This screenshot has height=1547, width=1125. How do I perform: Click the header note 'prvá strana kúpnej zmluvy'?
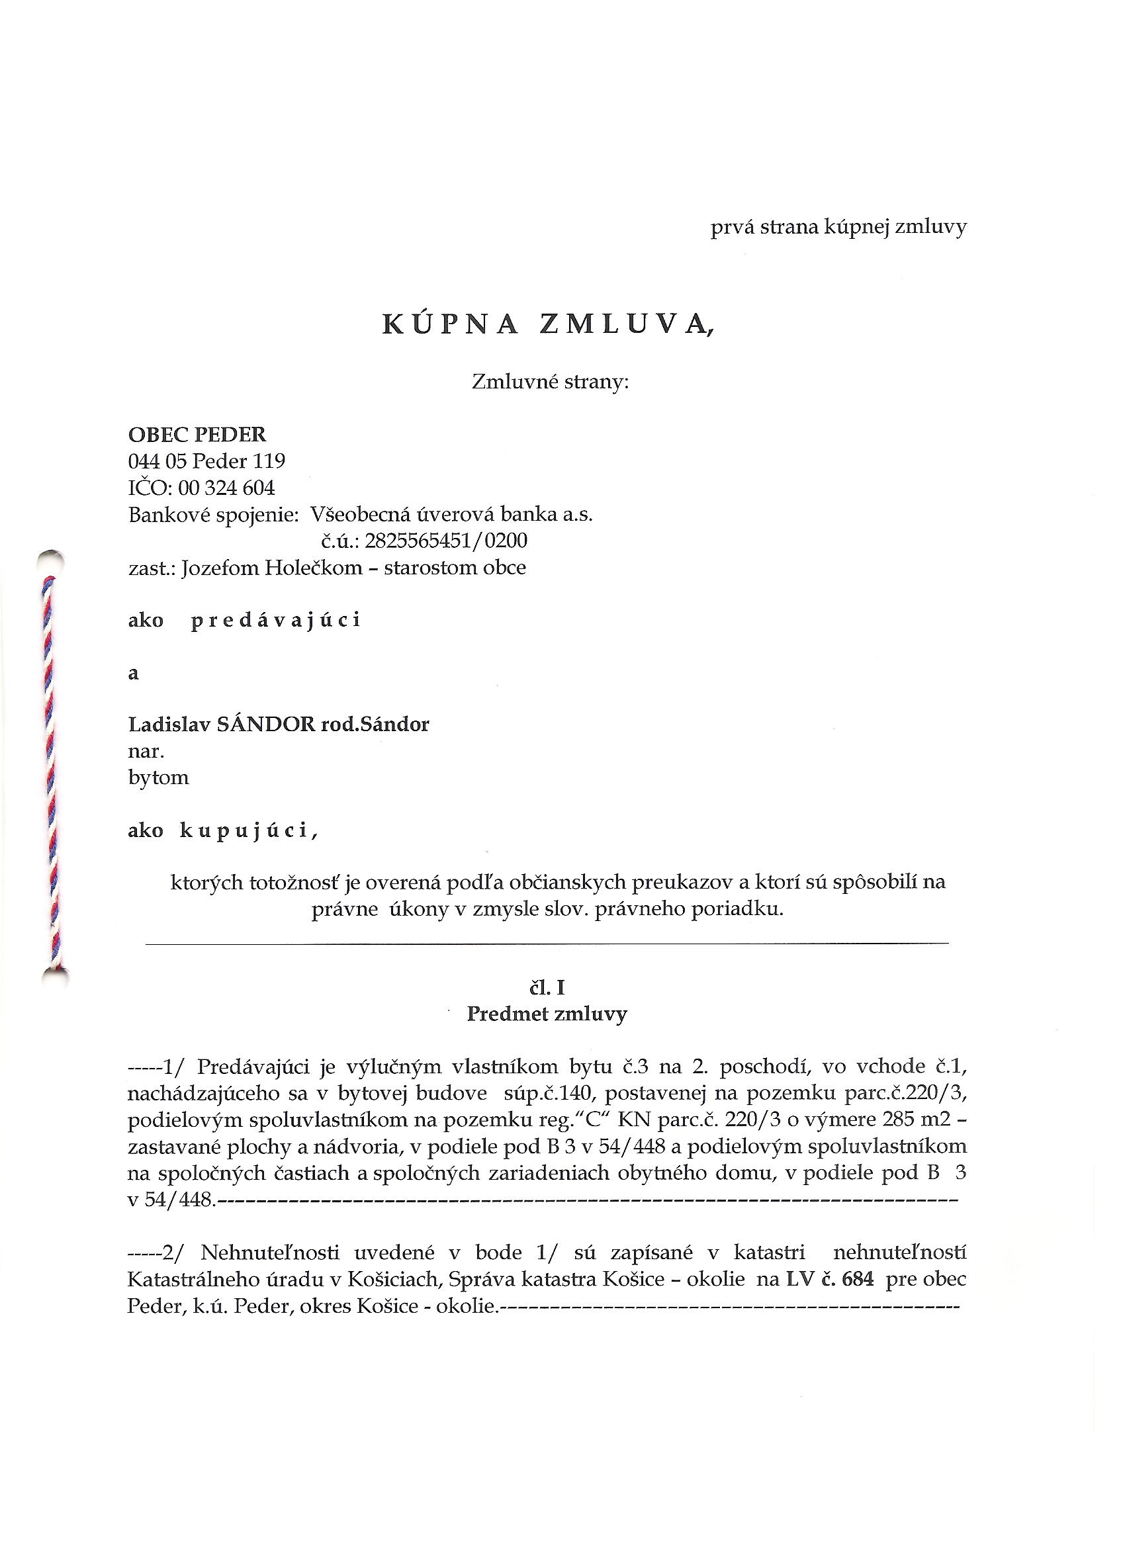pyautogui.click(x=838, y=227)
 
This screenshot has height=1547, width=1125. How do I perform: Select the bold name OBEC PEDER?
pyautogui.click(x=197, y=435)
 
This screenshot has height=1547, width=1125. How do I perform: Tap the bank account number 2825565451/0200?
pyautogui.click(x=446, y=541)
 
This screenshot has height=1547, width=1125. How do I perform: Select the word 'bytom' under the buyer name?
pyautogui.click(x=158, y=777)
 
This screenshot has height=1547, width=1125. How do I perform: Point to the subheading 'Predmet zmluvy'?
pyautogui.click(x=547, y=1014)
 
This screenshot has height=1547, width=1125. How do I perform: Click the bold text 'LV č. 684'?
pyautogui.click(x=829, y=1279)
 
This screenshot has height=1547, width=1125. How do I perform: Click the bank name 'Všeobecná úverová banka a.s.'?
pyautogui.click(x=451, y=514)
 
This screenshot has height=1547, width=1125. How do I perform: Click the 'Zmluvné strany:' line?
pyautogui.click(x=550, y=382)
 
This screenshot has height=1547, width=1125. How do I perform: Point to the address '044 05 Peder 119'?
pyautogui.click(x=206, y=461)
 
